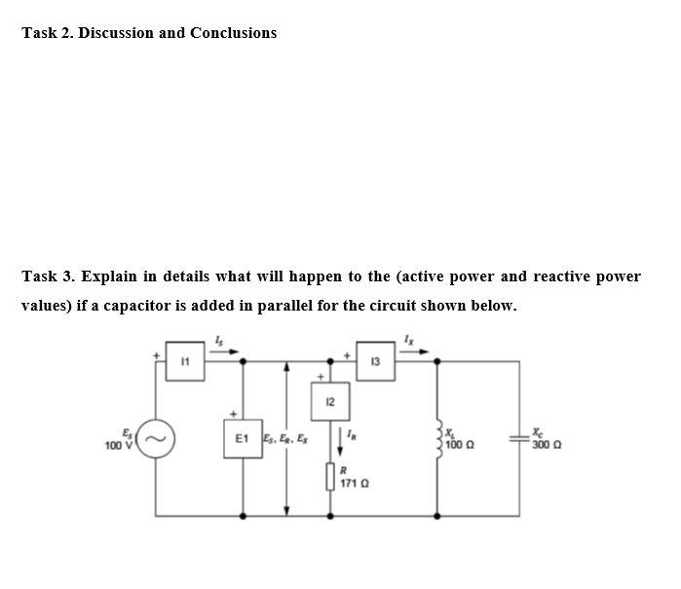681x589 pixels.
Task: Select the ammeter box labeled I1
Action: point(184,359)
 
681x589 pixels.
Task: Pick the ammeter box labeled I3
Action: point(375,359)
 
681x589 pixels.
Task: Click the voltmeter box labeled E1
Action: point(243,439)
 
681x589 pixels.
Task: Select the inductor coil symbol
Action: point(439,439)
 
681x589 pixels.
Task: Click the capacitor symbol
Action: point(518,439)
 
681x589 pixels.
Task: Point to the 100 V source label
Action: point(118,445)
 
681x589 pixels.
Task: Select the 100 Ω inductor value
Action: point(462,445)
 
